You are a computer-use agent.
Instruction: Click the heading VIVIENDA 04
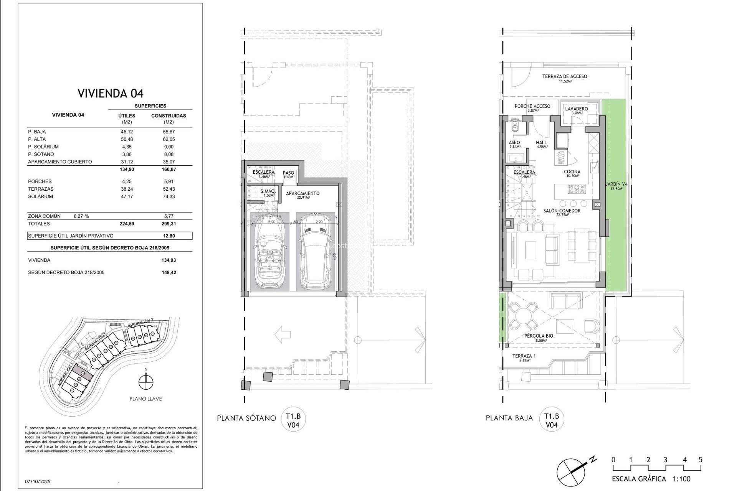[111, 93]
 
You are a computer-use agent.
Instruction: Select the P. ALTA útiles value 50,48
[127, 139]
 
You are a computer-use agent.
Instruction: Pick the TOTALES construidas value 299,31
[169, 224]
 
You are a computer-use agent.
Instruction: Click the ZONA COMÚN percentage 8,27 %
[81, 216]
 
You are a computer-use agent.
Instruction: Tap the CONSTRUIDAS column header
[169, 115]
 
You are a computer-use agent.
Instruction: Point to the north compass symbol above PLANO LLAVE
[146, 382]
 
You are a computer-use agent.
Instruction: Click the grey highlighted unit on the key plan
[82, 372]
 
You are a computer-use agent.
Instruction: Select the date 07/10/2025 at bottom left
[38, 481]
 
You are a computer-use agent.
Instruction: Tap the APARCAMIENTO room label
[303, 193]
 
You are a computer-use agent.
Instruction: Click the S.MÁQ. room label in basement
[268, 191]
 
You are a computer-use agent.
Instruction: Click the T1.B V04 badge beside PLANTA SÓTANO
[294, 420]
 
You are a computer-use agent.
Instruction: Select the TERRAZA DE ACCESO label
[565, 77]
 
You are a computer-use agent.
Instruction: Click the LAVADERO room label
[576, 109]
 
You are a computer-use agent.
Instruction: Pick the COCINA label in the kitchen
[572, 172]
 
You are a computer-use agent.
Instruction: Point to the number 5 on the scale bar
[701, 460]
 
